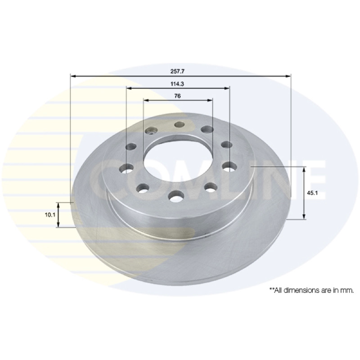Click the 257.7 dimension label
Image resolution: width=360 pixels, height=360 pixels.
coord(177,71)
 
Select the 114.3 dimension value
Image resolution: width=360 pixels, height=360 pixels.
coord(177,84)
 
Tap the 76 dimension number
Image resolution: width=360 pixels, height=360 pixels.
coord(177,96)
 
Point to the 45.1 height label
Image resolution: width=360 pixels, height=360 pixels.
coord(312,193)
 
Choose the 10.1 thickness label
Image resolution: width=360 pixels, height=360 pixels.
coord(50,215)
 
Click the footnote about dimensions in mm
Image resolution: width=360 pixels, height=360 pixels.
coord(311,290)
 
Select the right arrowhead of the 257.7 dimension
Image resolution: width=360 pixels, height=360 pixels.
coord(288,76)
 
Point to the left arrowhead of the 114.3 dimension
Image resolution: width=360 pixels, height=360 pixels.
coord(130,88)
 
